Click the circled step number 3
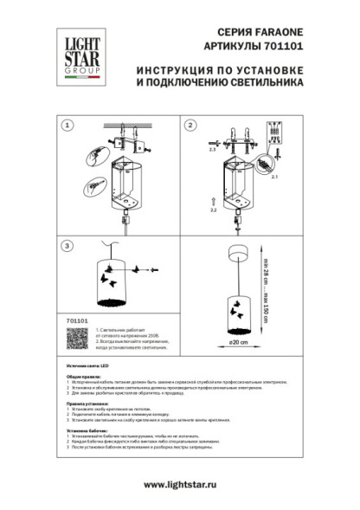tap(67, 246)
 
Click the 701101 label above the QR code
tap(76, 320)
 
